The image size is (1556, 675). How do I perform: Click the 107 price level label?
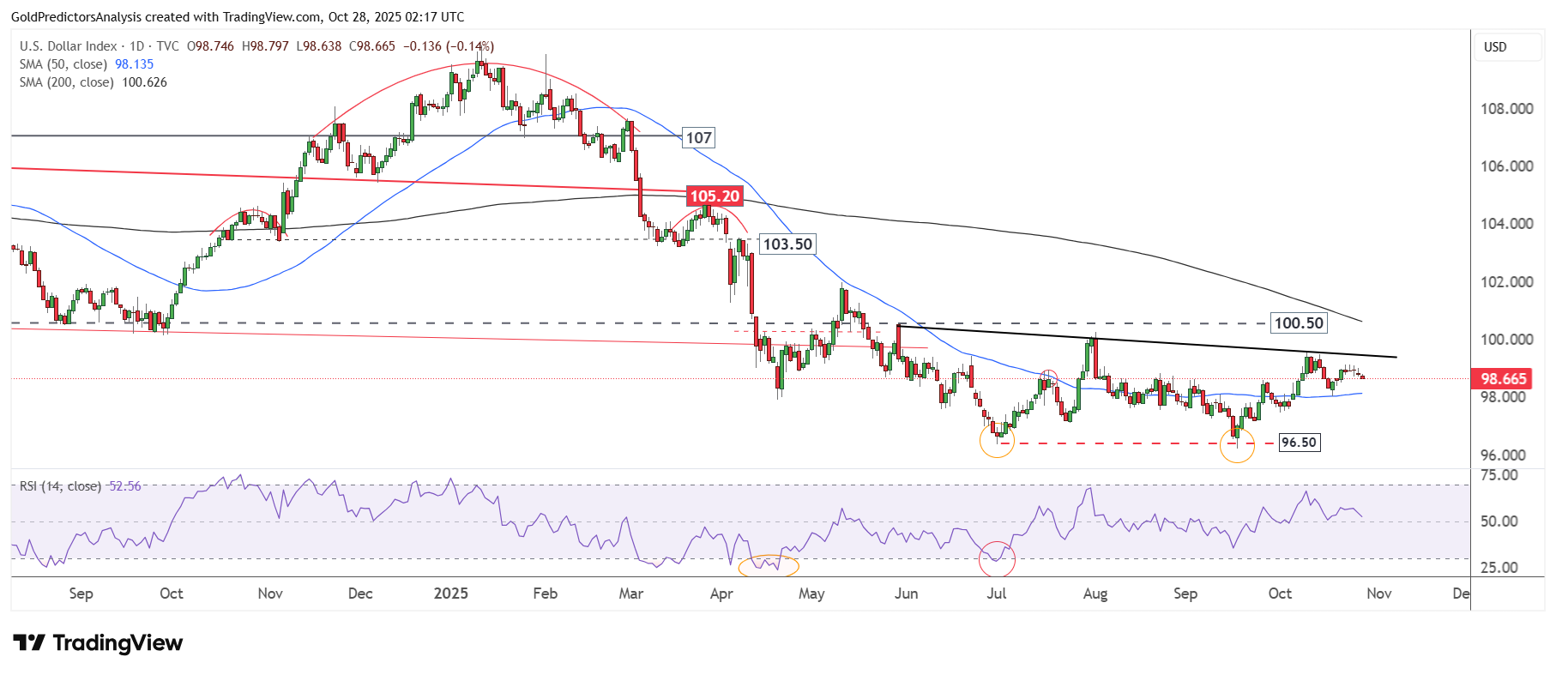[698, 138]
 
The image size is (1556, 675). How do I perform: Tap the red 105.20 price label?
[714, 196]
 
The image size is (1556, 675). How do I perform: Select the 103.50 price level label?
[787, 244]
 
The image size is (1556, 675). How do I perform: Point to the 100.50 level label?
[1298, 323]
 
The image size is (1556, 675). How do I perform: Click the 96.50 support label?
[1298, 443]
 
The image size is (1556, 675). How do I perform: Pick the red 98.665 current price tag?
[1503, 379]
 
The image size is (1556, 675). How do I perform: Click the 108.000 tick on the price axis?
[1506, 109]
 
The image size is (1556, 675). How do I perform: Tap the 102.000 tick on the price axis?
[1506, 282]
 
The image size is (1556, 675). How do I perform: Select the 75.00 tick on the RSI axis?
[1499, 475]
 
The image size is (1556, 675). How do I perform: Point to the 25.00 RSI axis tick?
[1499, 568]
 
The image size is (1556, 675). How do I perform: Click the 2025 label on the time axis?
[450, 594]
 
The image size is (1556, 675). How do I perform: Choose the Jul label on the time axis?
[996, 594]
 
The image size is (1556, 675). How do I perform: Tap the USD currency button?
[1495, 47]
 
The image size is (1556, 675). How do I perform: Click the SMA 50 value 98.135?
[134, 64]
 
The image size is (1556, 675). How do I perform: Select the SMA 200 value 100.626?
[144, 82]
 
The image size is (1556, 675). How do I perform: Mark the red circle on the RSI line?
[997, 559]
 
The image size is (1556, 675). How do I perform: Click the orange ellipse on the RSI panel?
[769, 565]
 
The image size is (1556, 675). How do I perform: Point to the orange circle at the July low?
[997, 441]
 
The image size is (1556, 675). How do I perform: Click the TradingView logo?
[98, 643]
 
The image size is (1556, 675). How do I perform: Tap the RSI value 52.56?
[125, 486]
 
